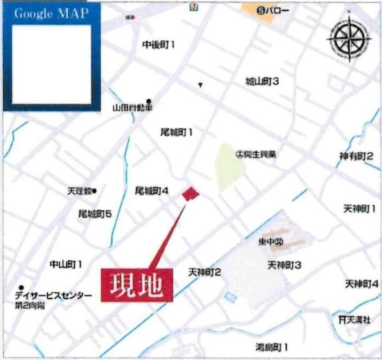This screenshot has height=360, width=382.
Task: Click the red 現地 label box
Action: point(138,284)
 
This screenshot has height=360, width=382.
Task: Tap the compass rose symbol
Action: point(348,37)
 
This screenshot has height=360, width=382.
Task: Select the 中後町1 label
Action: point(159,45)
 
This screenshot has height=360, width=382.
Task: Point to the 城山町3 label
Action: point(263,81)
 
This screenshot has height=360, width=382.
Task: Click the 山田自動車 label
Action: point(132,108)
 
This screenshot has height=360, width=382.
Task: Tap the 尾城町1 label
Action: point(176,132)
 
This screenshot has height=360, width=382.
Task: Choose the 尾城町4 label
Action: point(152,191)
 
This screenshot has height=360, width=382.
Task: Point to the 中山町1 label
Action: point(66,263)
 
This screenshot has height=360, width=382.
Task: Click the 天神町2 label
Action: point(204,272)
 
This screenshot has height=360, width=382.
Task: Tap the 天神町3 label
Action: point(284,264)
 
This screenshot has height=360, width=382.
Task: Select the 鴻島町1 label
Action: point(272,347)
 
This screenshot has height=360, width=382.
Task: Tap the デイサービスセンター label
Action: point(54,296)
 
